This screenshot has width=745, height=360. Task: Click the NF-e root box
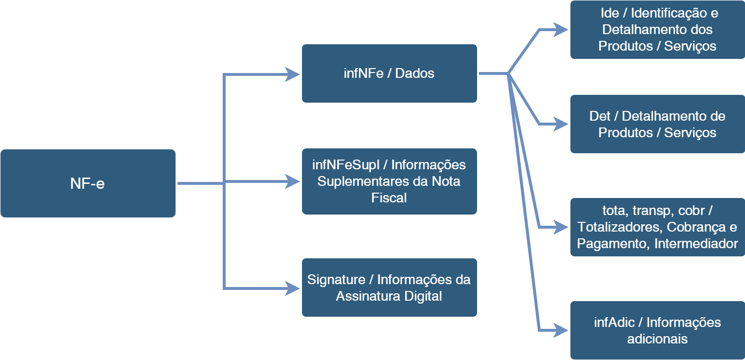tap(88, 183)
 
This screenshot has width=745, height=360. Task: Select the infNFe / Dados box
tap(389, 73)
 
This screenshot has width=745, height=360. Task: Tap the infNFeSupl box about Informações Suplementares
tap(389, 181)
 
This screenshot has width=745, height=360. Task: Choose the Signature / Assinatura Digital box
tap(389, 288)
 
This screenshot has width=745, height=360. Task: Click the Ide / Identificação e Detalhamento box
tap(657, 30)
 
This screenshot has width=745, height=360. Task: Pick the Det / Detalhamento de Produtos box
tap(657, 124)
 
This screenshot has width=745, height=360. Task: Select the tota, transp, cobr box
tap(657, 227)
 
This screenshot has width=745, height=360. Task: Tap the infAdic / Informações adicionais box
tap(657, 330)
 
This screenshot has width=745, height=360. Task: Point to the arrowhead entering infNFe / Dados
tap(293, 74)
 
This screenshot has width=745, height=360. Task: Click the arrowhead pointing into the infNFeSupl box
tap(293, 181)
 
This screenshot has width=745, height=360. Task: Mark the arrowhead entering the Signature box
tap(293, 288)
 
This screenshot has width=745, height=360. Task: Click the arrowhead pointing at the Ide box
tap(561, 30)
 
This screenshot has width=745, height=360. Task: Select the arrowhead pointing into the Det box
tap(561, 124)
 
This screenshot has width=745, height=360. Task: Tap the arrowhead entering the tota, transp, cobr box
tap(561, 227)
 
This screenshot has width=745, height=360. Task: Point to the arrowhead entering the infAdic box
tap(561, 330)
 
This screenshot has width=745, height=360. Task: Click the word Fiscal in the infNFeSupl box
tap(389, 198)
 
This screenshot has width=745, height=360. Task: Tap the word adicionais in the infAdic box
tap(657, 339)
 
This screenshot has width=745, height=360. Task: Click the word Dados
tap(415, 73)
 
